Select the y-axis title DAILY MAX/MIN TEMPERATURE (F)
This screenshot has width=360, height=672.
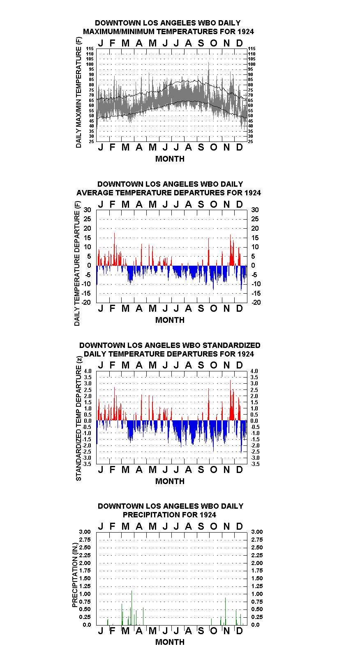[x=78, y=93]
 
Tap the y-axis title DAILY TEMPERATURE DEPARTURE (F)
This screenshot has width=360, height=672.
[x=77, y=264]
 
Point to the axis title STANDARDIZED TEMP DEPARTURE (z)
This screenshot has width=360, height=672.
[x=78, y=419]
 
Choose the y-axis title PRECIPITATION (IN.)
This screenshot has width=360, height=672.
[x=75, y=575]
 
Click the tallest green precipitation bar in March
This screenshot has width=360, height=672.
[x=132, y=608]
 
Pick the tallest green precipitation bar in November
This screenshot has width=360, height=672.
[x=226, y=612]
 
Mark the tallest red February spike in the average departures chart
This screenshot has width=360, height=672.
[x=114, y=249]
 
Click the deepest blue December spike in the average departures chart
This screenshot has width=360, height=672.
[x=241, y=278]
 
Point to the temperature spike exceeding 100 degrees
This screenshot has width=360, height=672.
[x=209, y=72]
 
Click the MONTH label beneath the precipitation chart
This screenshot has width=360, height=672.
[x=170, y=642]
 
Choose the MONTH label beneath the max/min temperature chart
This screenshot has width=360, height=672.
[x=170, y=159]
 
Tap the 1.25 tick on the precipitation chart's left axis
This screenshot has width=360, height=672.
[x=85, y=586]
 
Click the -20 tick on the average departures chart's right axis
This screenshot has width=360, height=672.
[x=256, y=302]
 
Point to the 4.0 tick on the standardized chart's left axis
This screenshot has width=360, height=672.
[x=88, y=371]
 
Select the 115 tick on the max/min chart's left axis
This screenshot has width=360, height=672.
[x=90, y=49]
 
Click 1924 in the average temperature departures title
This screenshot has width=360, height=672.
[x=253, y=192]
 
